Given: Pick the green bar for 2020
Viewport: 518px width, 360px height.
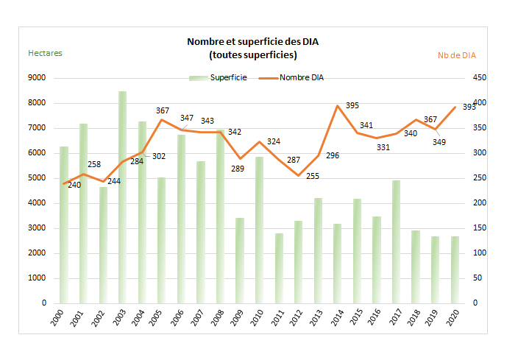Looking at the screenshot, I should point(454,269).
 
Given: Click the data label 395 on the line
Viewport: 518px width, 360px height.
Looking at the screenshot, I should point(352,106).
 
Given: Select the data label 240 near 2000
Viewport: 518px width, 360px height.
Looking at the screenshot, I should point(74,185).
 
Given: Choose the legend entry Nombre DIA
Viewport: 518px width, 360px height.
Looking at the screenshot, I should point(302,77).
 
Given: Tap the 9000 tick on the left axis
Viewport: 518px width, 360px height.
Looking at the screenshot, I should point(36,77).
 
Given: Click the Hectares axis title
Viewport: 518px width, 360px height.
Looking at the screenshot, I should point(45,53).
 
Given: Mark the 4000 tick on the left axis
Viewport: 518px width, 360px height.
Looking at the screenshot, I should point(36,202).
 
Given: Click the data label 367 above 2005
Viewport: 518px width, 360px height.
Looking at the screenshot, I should point(163,110).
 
